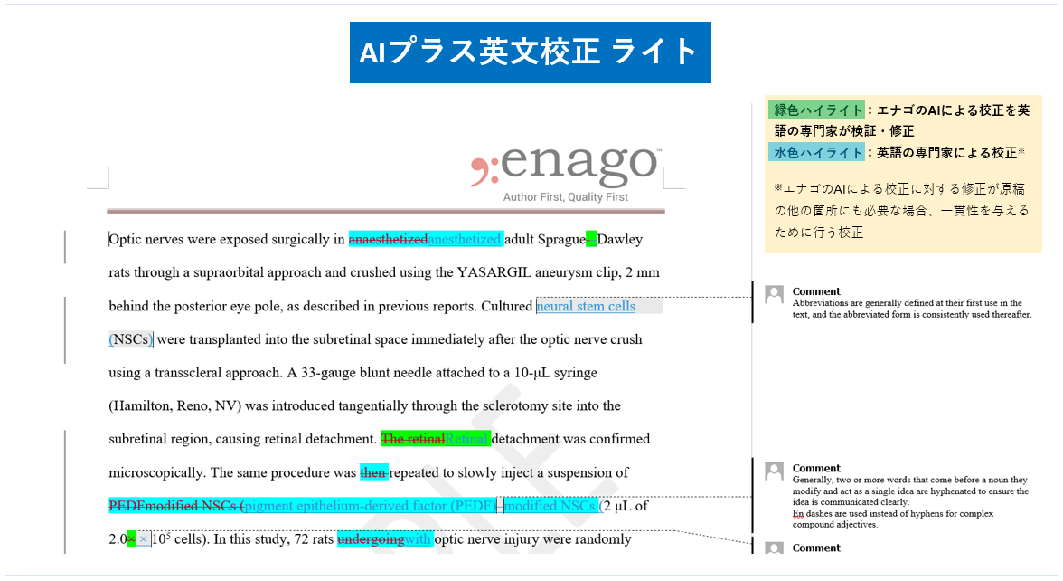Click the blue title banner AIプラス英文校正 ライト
point(530,52)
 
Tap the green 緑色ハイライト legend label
point(816,110)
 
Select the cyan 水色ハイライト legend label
point(816,152)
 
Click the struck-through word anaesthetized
point(388,240)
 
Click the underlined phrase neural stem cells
point(586,306)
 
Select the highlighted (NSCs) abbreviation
point(131,339)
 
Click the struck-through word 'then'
point(372,472)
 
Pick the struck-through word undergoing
point(371,539)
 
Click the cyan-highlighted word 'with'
point(419,539)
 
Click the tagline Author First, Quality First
point(566,197)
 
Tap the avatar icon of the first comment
point(774,294)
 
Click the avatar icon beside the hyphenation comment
point(774,471)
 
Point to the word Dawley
point(620,240)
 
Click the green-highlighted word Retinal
point(467,439)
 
